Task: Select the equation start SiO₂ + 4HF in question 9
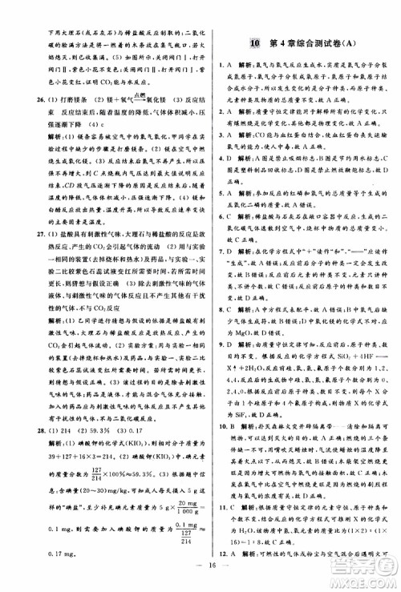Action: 354,352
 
